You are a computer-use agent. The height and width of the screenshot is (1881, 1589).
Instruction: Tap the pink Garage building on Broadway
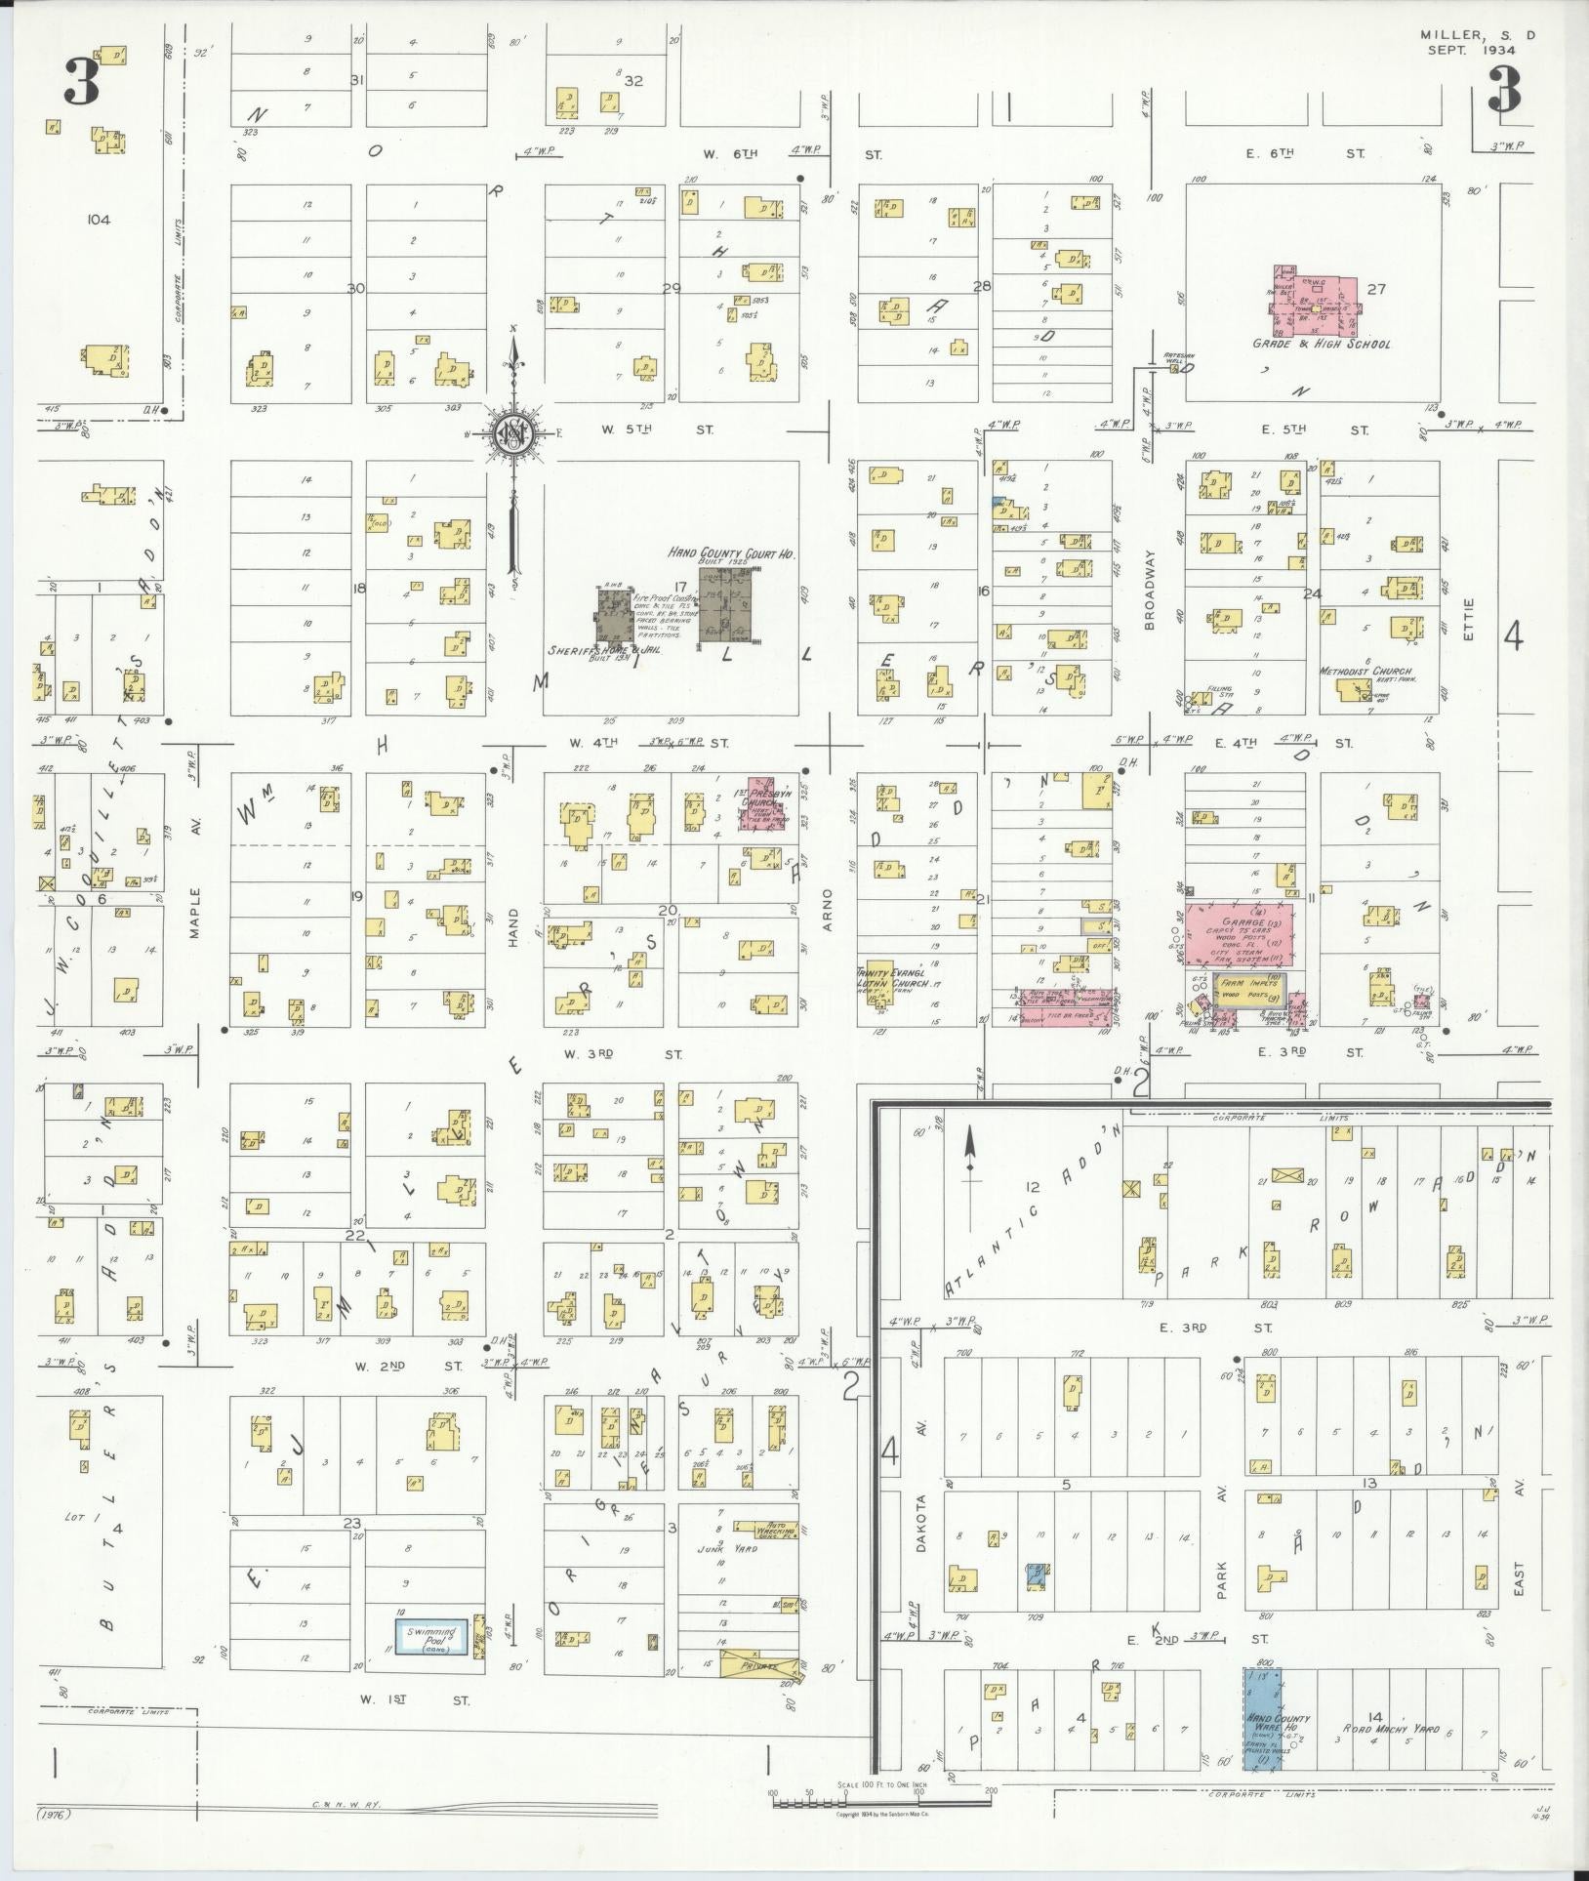1239,935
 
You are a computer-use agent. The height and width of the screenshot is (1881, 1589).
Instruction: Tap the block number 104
98,220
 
